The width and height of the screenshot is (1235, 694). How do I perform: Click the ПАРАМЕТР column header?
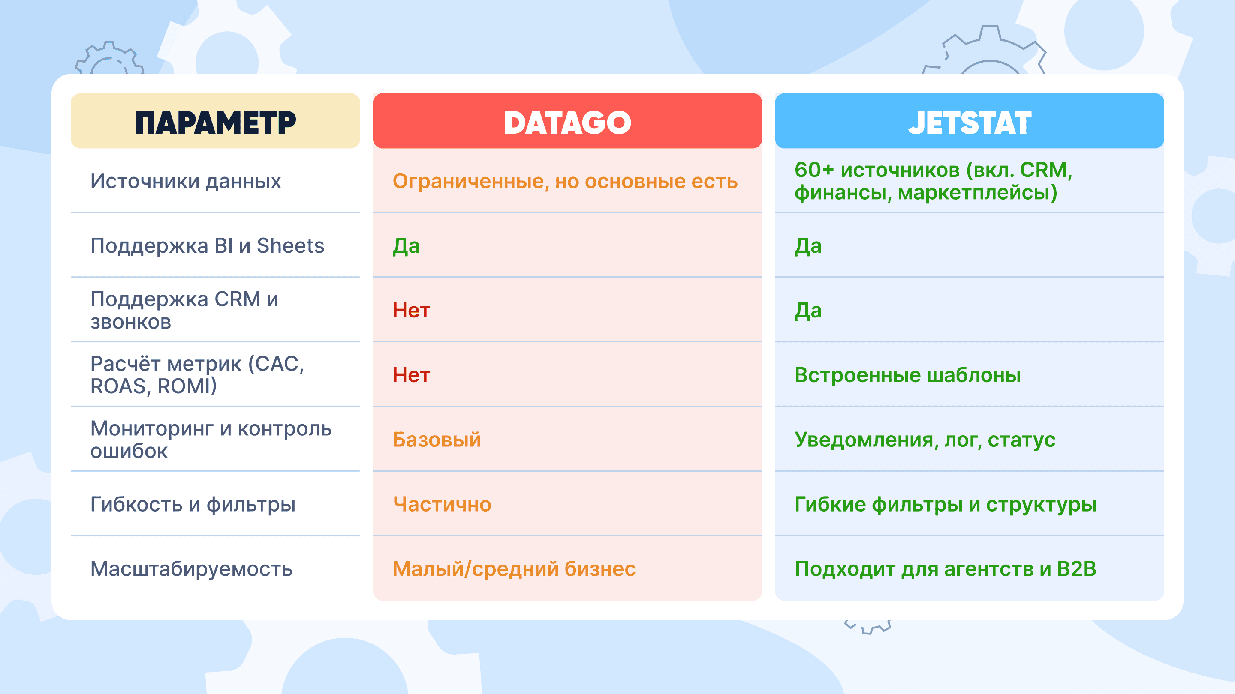pos(215,123)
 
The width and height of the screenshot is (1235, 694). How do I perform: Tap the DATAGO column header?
pos(567,123)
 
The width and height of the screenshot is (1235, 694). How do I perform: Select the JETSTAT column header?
pos(970,123)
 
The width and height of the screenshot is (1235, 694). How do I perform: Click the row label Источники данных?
pos(186,182)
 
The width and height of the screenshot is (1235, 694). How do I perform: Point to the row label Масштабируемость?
pos(191,569)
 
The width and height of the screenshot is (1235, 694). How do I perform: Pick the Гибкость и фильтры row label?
pos(193,504)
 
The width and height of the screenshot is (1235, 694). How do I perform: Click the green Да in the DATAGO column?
pos(406,246)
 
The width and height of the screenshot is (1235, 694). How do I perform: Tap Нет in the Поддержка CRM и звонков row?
pos(411,310)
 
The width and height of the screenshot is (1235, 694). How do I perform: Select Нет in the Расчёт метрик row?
pos(411,375)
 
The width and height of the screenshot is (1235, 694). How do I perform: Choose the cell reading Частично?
pos(442,504)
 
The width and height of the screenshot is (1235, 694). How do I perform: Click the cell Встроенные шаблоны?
pos(907,375)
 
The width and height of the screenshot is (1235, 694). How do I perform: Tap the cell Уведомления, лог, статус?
pos(925,440)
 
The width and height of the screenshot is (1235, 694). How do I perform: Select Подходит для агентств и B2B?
pos(946,569)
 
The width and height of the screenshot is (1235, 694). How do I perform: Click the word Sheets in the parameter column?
pos(291,246)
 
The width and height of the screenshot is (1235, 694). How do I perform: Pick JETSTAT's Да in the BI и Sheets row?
pos(808,246)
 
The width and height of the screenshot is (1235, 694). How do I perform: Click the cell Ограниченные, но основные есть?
pos(565,182)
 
